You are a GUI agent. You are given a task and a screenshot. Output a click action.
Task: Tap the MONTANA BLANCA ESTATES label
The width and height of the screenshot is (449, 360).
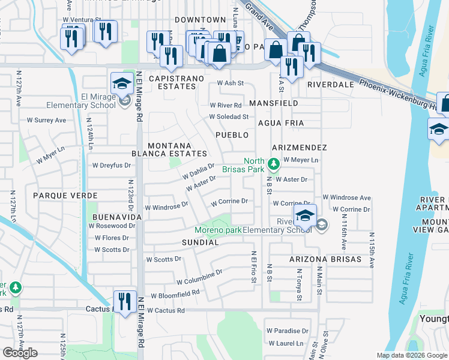[x=169, y=149]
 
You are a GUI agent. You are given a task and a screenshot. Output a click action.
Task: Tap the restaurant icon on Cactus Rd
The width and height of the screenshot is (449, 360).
[x=124, y=302]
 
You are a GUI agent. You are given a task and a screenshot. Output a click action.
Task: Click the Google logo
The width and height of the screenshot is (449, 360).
[x=20, y=353]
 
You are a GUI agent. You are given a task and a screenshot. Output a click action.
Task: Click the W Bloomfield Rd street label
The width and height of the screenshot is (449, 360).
[x=175, y=295]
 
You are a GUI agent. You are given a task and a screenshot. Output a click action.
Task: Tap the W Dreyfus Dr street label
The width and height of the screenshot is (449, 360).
[x=110, y=165]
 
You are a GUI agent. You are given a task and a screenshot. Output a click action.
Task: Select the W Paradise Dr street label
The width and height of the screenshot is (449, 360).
[x=288, y=331]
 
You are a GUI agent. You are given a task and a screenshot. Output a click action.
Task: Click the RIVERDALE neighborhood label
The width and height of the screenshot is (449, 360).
[x=331, y=85]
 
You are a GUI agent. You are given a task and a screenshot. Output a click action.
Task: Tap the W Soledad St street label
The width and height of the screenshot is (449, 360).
[x=229, y=116]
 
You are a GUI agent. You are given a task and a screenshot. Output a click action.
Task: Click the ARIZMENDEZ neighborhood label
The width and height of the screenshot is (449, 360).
[x=299, y=147]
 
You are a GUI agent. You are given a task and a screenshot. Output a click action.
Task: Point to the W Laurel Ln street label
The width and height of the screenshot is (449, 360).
[x=286, y=344]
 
